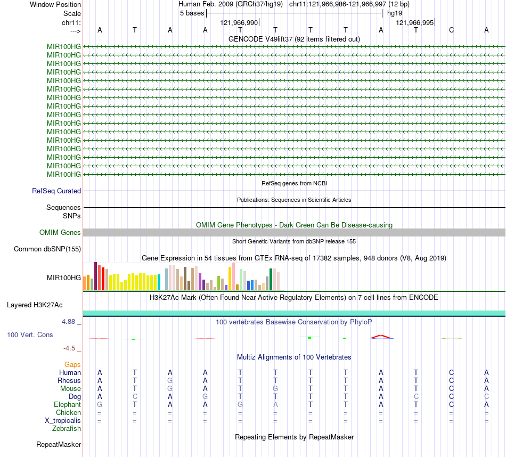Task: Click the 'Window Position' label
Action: [x=55, y=4]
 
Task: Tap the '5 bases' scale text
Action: [x=192, y=13]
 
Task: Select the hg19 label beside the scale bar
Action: [x=395, y=13]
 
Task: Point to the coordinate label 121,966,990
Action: [x=239, y=22]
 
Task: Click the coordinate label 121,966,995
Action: [x=415, y=22]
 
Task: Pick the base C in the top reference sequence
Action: [x=451, y=30]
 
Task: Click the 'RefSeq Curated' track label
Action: [x=56, y=191]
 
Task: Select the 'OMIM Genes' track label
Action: [x=60, y=232]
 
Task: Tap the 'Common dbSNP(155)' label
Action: [x=47, y=249]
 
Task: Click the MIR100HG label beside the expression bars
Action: [x=64, y=278]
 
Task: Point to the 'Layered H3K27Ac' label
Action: [x=35, y=305]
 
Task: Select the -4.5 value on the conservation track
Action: [x=69, y=348]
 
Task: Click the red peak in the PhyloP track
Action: [x=381, y=336]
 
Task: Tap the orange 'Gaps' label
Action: [x=72, y=364]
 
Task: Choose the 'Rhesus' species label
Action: [x=69, y=381]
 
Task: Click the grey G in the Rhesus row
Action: [x=170, y=381]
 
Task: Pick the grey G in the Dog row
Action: [x=205, y=397]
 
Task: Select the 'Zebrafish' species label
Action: [x=67, y=428]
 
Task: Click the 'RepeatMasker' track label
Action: [x=59, y=444]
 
